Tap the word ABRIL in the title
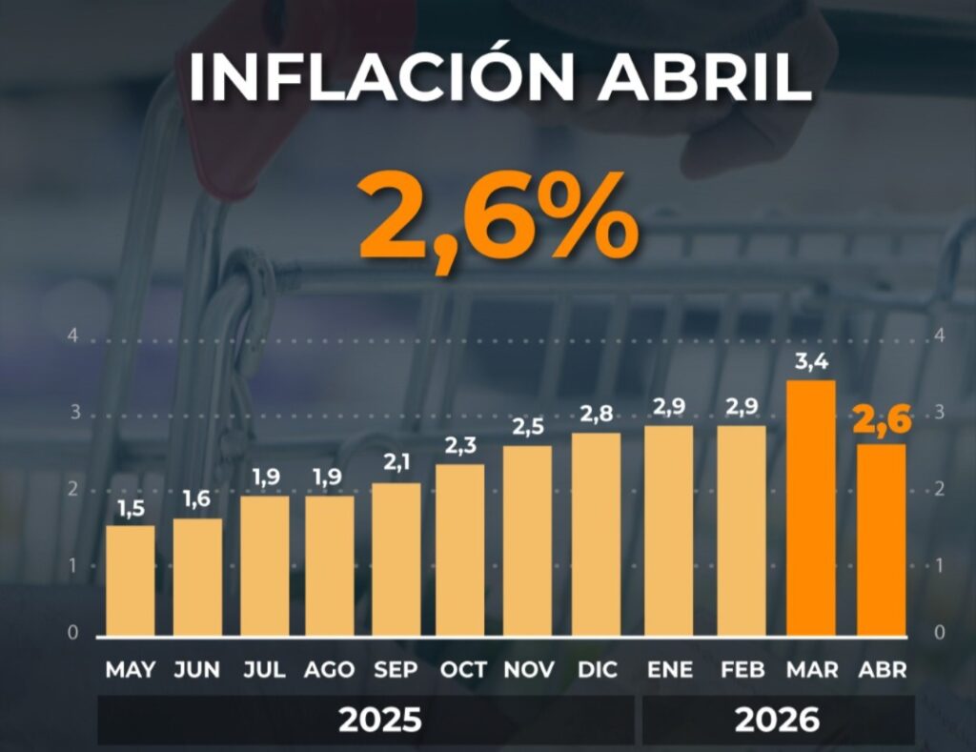pyautogui.click(x=705, y=77)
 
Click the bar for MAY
pyautogui.click(x=130, y=580)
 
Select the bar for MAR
pyautogui.click(x=811, y=508)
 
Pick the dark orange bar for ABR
pyautogui.click(x=882, y=540)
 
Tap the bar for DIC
pyautogui.click(x=597, y=535)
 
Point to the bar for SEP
pyautogui.click(x=396, y=559)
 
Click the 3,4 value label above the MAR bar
pyautogui.click(x=811, y=361)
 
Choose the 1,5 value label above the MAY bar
pyautogui.click(x=131, y=509)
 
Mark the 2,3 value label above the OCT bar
pyautogui.click(x=460, y=446)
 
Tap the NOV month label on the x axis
pyautogui.click(x=528, y=670)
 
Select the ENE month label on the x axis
pyautogui.click(x=670, y=670)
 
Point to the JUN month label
pyautogui.click(x=196, y=670)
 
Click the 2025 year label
pyautogui.click(x=379, y=721)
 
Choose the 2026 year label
pyautogui.click(x=777, y=721)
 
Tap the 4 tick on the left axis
pyautogui.click(x=73, y=335)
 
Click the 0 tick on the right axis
pyautogui.click(x=940, y=633)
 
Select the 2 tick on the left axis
pyautogui.click(x=73, y=489)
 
